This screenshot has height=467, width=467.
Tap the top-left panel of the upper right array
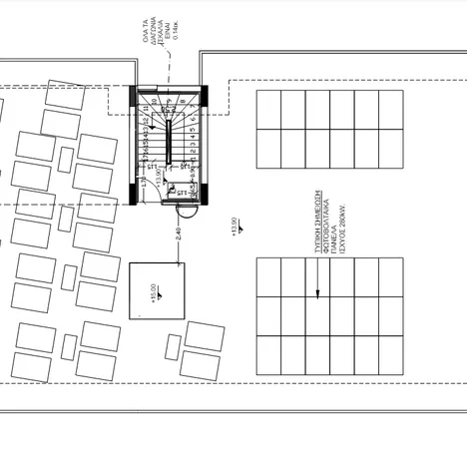(269, 110)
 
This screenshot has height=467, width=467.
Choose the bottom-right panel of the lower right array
(390, 352)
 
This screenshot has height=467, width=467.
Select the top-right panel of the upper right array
(391, 110)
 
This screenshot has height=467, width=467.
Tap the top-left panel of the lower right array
(269, 276)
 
